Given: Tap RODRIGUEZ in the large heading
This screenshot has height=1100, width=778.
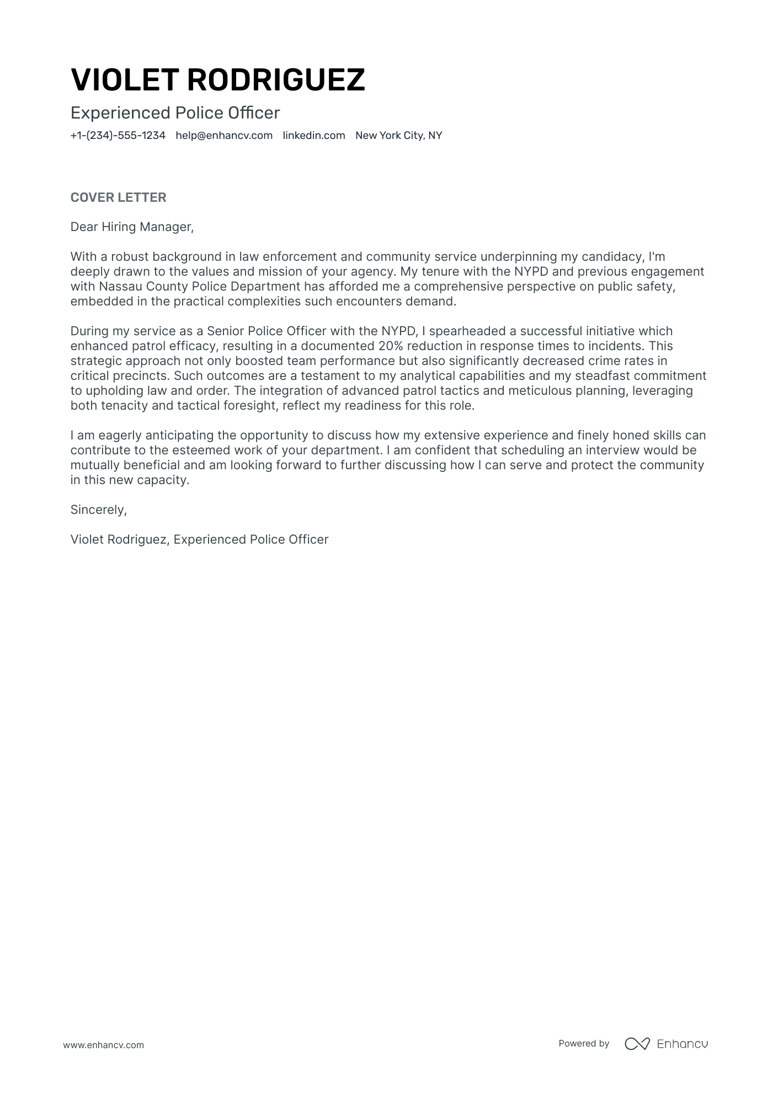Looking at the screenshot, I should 276,80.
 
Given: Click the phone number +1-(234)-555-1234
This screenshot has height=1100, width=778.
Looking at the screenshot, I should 118,136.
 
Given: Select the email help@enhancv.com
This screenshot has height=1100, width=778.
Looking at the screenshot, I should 224,136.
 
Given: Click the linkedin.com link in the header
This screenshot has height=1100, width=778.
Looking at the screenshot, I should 313,136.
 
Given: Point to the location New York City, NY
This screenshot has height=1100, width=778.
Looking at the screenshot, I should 398,136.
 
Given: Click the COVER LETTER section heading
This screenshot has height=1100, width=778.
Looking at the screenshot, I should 118,197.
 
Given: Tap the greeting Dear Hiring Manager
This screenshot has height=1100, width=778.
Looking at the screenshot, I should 132,227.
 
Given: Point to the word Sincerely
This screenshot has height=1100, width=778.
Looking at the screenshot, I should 98,509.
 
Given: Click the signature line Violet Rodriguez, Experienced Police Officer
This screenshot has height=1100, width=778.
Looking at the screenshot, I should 199,539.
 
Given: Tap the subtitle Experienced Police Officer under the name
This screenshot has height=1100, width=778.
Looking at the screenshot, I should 175,113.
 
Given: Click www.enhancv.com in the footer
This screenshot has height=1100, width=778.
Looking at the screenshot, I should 103,1045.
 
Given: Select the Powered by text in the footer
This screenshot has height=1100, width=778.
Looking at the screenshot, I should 583,1043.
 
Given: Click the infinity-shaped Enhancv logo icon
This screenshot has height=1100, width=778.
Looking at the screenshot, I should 637,1043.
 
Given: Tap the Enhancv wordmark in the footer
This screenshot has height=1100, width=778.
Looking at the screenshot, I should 682,1043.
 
